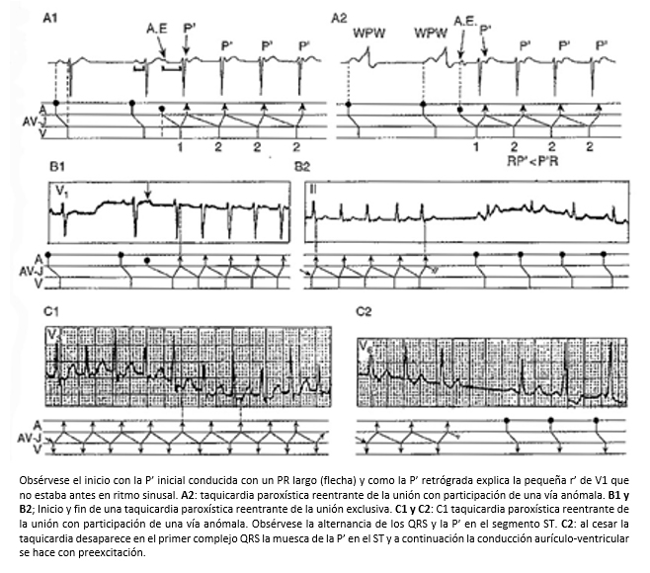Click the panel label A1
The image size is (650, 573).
(50, 18)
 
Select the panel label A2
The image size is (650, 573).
(338, 19)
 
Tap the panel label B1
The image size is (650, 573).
(57, 167)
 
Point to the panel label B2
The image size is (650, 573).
(302, 167)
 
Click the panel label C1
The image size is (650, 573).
(51, 311)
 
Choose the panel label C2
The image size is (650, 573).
(364, 311)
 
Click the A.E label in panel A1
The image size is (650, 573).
(157, 29)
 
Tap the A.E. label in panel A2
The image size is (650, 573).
(465, 21)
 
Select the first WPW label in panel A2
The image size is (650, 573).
(368, 34)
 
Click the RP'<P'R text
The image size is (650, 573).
(532, 161)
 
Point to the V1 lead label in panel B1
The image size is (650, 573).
(62, 192)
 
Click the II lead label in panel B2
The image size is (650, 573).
(313, 190)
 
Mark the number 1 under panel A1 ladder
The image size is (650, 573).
(180, 147)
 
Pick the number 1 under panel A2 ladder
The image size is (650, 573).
(476, 146)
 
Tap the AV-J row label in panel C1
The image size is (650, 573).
(30, 439)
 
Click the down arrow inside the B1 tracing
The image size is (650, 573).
(148, 191)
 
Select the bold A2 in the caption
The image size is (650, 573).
(188, 495)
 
